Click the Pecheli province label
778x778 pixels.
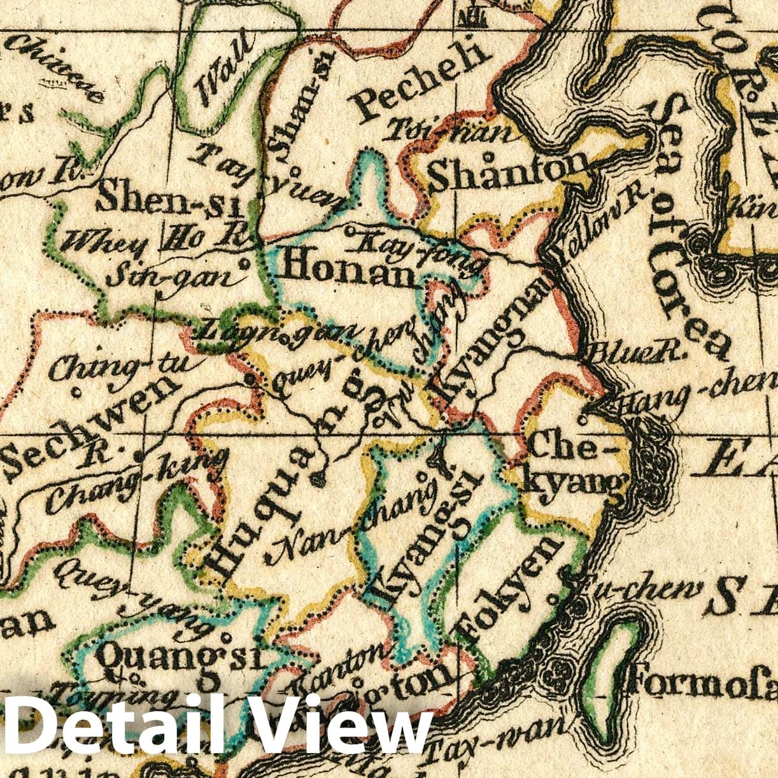423,80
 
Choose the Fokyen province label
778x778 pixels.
509,589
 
